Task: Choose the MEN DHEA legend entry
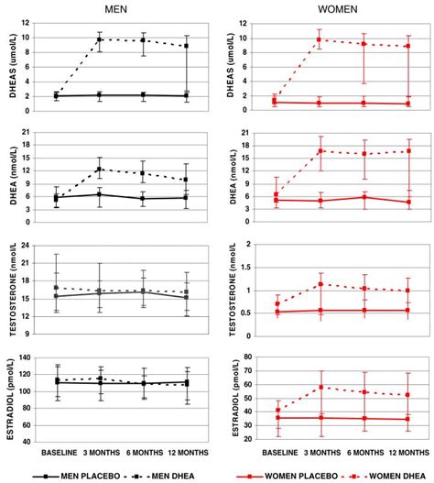click(157, 476)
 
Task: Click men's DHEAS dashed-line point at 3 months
click(100, 39)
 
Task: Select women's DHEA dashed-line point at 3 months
click(320, 150)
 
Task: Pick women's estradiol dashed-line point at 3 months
click(320, 387)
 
